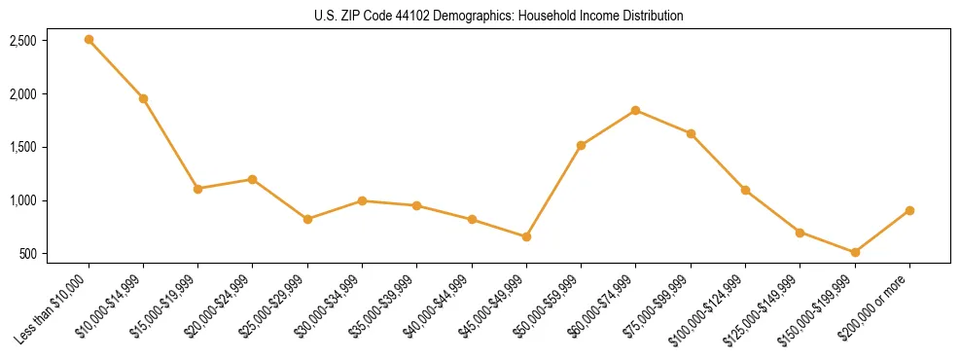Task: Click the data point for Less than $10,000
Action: (x=89, y=40)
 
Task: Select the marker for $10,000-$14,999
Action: (x=143, y=98)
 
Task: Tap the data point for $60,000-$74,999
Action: (x=635, y=110)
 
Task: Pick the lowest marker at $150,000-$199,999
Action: (x=854, y=252)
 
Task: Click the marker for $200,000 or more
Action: (x=909, y=210)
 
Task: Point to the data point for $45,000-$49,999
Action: (x=526, y=236)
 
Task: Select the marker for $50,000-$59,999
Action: (x=581, y=146)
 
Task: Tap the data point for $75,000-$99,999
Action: (x=691, y=133)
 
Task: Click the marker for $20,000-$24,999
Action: (x=253, y=179)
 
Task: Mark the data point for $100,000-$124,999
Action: (x=745, y=190)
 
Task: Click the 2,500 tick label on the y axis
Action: (x=23, y=41)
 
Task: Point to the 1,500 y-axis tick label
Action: (x=23, y=147)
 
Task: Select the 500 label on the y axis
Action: (x=27, y=254)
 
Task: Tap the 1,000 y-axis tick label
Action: (x=23, y=200)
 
